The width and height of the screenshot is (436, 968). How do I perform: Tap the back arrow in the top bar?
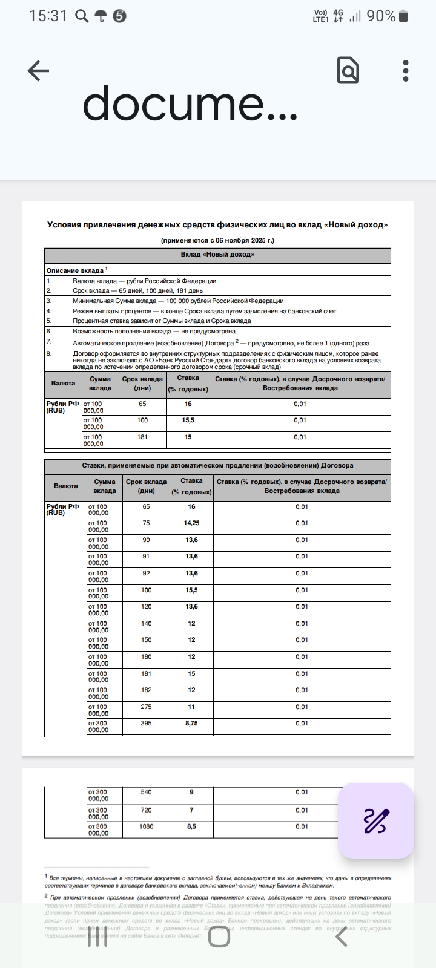38,71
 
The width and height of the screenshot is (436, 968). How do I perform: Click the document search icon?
348,71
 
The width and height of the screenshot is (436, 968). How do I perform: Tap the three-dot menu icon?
406,71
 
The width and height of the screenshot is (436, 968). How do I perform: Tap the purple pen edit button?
376,821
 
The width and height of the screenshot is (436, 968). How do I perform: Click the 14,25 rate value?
191,523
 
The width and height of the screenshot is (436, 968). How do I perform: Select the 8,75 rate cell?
191,724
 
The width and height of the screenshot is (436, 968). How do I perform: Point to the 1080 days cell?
146,826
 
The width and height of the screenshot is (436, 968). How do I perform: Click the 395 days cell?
146,724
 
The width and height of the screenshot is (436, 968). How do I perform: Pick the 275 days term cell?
146,707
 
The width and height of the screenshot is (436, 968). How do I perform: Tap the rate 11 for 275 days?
191,707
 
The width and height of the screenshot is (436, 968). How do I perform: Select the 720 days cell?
146,809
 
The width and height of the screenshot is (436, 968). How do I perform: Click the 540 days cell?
146,792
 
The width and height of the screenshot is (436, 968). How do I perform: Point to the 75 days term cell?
146,523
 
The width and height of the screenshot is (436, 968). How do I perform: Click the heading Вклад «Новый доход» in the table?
217,255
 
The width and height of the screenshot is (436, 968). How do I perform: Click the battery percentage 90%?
381,16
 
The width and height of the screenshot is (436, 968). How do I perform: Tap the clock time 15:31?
48,16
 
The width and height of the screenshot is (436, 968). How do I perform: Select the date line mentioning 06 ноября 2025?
217,240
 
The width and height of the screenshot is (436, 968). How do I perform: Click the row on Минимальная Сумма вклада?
178,301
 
